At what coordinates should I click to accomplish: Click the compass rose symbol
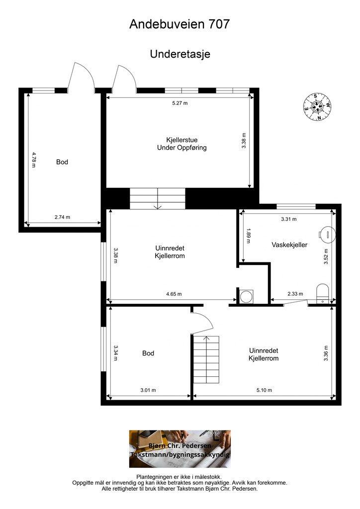317,107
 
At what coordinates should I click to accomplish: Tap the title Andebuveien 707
180,24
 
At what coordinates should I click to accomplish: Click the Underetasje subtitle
180,54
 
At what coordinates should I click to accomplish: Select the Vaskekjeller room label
289,245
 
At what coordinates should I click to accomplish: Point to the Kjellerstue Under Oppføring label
182,144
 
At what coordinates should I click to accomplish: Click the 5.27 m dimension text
180,103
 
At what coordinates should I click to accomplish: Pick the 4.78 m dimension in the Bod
34,160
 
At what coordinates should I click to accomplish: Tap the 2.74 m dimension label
62,217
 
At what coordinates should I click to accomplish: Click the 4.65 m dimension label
174,294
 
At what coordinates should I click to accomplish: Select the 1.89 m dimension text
249,236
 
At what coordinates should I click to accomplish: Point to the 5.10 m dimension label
264,390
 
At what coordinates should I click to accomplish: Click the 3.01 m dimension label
148,390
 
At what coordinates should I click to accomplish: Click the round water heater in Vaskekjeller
327,233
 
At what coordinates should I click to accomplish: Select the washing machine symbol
245,296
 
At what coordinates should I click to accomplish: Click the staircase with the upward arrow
206,360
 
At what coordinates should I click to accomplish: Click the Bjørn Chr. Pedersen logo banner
180,449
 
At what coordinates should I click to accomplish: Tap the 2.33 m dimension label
295,294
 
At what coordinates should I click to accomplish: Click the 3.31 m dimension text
289,219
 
